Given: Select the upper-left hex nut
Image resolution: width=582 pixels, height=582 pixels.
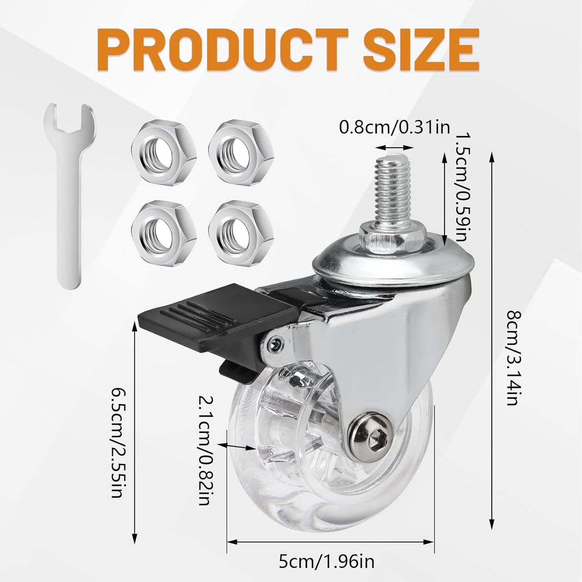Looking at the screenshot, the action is pyautogui.click(x=164, y=150).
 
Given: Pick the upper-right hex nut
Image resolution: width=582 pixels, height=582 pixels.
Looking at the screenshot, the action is pyautogui.click(x=241, y=150).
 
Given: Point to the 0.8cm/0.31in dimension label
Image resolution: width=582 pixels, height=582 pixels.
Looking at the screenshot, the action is pyautogui.click(x=395, y=127).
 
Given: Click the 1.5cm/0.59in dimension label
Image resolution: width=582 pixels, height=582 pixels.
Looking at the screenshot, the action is pyautogui.click(x=460, y=195).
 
